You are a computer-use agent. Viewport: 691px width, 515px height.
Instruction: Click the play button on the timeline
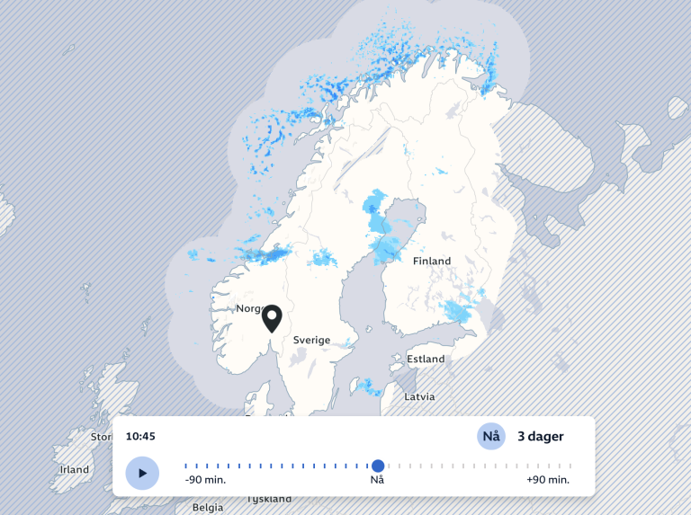[142, 473]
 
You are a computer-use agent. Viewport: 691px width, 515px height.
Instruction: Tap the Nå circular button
[491, 437]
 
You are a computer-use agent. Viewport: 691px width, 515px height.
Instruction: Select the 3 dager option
[540, 437]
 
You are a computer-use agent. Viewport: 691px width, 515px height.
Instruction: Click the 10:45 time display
[140, 437]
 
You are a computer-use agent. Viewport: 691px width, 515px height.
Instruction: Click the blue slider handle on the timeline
[378, 466]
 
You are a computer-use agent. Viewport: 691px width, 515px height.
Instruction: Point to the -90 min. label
[205, 480]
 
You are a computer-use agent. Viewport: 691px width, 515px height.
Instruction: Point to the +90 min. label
[548, 480]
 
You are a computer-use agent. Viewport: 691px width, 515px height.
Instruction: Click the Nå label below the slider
[378, 480]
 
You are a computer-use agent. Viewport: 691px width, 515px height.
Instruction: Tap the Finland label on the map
[432, 262]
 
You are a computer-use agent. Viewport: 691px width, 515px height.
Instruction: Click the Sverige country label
[311, 341]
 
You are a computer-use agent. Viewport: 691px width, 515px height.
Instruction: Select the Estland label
[426, 360]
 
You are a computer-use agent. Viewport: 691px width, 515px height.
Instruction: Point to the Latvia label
[419, 396]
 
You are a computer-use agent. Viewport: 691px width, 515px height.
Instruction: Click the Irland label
[75, 470]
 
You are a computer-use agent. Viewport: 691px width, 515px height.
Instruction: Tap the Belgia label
[207, 507]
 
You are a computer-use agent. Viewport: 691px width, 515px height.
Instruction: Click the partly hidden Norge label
[247, 309]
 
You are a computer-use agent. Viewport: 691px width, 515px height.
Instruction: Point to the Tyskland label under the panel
[269, 499]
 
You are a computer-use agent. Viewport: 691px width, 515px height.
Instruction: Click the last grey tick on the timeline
[570, 466]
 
